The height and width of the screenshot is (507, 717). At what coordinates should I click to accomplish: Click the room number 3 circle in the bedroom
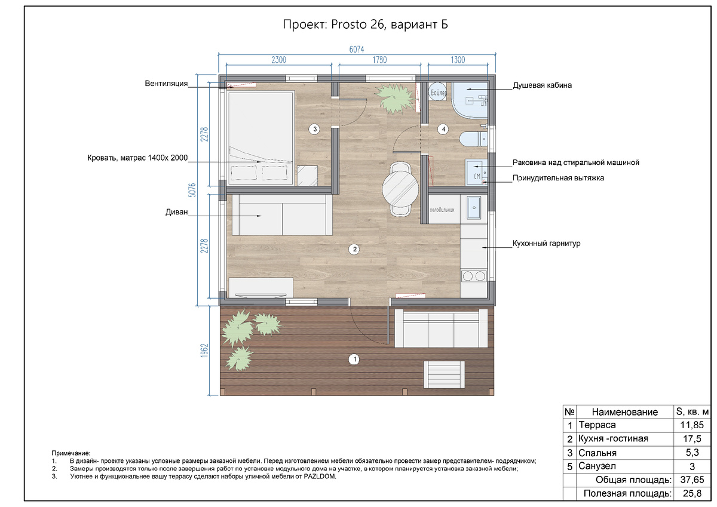click(x=315, y=129)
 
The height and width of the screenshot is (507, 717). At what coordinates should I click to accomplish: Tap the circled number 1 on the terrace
click(x=354, y=359)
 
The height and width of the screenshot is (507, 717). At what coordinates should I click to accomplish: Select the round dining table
click(x=400, y=189)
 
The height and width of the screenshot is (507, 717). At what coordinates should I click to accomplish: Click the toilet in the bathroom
click(x=473, y=140)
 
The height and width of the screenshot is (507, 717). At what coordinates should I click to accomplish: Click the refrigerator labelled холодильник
click(x=445, y=209)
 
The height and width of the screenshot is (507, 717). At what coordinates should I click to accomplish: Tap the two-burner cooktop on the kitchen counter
click(x=474, y=276)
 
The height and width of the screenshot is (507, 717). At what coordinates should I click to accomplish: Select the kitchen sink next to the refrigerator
click(x=474, y=208)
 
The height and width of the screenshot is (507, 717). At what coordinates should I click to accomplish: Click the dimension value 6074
click(x=357, y=50)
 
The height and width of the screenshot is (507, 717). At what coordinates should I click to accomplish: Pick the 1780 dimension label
click(x=379, y=60)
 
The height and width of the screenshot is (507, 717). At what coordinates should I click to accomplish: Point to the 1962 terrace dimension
click(x=204, y=351)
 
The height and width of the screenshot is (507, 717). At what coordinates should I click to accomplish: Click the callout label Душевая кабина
click(x=543, y=85)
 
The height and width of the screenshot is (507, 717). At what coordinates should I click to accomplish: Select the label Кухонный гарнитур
click(x=546, y=244)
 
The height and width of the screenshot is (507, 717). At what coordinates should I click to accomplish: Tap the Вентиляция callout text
click(x=166, y=84)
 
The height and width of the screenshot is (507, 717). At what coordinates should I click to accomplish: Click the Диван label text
click(x=176, y=212)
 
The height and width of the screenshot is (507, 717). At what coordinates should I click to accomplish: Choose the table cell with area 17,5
click(x=692, y=438)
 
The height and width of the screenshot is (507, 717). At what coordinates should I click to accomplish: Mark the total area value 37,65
click(x=692, y=480)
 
